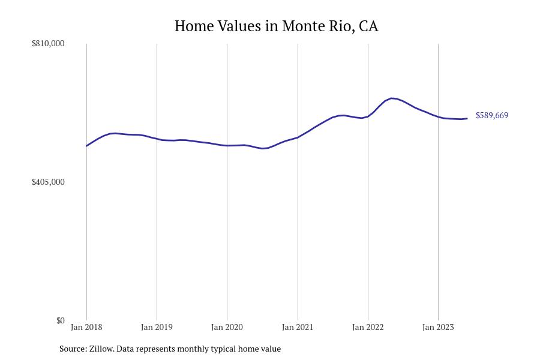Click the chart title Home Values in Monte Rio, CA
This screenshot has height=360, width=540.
coord(276,26)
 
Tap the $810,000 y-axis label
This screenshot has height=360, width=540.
coord(48,43)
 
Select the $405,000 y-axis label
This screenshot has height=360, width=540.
coord(48,182)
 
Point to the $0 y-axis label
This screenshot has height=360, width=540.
coord(60,320)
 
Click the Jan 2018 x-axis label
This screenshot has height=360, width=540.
coord(86,327)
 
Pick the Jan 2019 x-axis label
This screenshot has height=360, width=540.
coord(157,327)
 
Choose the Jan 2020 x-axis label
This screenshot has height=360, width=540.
coord(227,327)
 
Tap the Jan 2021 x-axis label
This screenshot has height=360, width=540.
coord(298,327)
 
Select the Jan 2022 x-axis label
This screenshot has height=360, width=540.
coord(368,327)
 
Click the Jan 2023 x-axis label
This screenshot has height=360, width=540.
coord(438,327)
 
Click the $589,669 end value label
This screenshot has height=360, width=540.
coord(492,115)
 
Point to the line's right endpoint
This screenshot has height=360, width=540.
coord(467,118)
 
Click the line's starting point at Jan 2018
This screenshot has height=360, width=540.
coord(86,146)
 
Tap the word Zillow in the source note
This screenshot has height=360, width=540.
coord(100,349)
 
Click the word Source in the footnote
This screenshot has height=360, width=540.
coord(72,349)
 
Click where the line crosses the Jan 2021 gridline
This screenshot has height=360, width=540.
coord(298,137)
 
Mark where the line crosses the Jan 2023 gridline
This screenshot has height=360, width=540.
coord(438,117)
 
